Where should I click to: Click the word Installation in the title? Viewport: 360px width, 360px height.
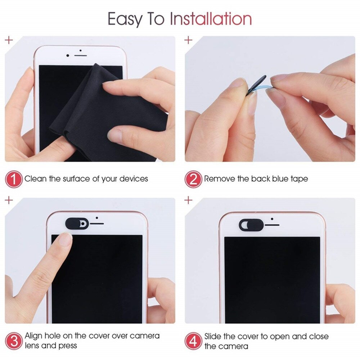coord(211,19)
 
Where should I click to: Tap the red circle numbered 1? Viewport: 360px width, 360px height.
coord(13,179)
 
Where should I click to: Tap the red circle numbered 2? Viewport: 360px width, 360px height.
coord(193,179)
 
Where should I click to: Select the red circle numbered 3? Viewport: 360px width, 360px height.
coord(13,341)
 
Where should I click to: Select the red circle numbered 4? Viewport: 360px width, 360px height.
coord(193,341)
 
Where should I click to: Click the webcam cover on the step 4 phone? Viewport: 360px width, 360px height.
coord(251,225)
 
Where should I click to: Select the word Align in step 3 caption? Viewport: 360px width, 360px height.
coord(35,336)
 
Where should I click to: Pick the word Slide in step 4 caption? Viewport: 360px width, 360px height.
coord(215,336)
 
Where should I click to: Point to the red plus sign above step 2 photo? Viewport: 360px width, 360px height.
coord(188,40)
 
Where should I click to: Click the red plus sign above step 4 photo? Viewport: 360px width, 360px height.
coord(188,200)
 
